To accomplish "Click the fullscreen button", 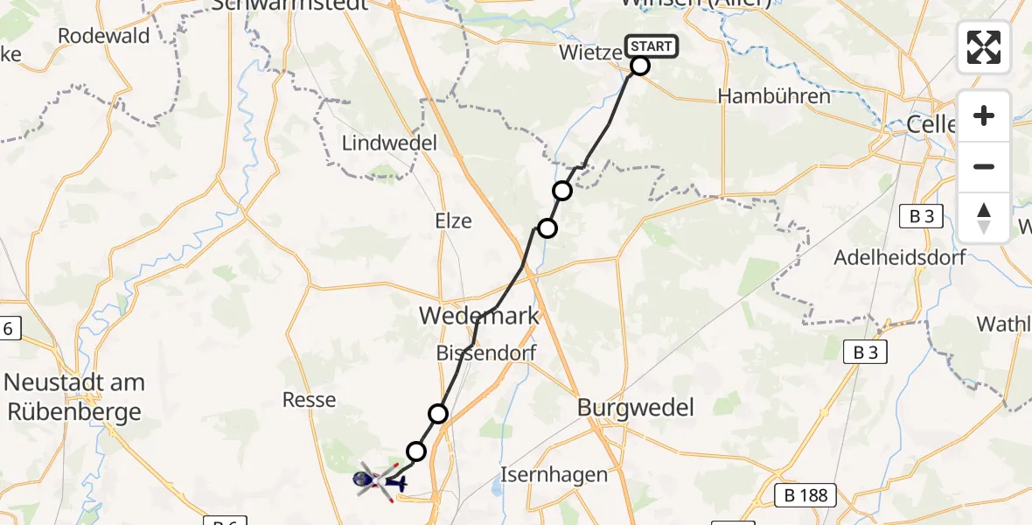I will pos(984,47).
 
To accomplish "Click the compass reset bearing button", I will pos(984,218).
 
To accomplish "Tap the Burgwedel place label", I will pos(636,407).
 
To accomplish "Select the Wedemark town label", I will pos(478,316).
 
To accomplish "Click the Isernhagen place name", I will pos(554,475).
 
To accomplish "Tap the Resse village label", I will pos(310,400).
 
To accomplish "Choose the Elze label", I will pos(453,221).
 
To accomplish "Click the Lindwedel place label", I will pos(389,143).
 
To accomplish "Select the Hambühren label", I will pos(774,96).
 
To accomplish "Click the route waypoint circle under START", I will pos(640,66).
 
